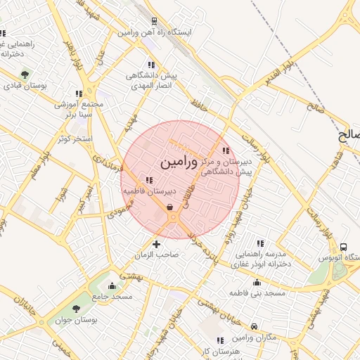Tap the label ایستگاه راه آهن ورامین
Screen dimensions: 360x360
coord(155,33)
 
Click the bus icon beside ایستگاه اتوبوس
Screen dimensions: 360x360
coord(343,247)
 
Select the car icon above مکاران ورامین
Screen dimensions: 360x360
coord(253,326)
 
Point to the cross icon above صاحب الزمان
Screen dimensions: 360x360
coord(156,243)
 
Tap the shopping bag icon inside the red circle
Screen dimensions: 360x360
coord(170,207)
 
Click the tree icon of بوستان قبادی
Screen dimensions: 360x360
coord(25,75)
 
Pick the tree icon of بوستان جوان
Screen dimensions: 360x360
coord(76,309)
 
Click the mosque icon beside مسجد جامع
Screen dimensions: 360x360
coord(112,285)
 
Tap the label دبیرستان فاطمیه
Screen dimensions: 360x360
coord(148,191)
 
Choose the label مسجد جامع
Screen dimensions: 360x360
coord(112,297)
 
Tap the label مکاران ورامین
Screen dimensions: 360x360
coord(254,337)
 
